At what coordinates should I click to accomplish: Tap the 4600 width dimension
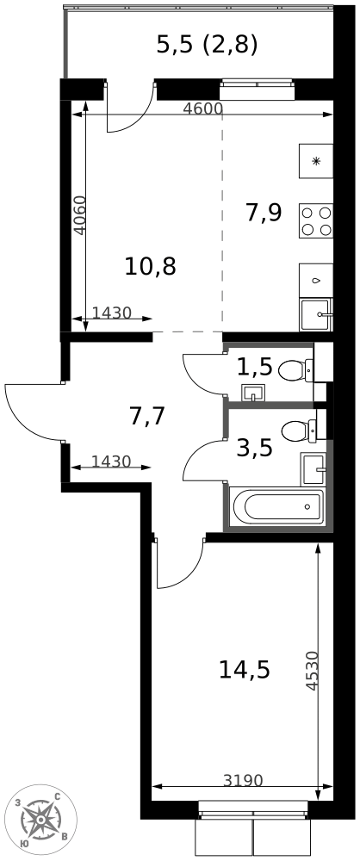(x=202, y=108)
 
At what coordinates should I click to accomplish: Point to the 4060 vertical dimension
(x=80, y=215)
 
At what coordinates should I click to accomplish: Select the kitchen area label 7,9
(x=264, y=213)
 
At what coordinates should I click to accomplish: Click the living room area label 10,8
(x=150, y=267)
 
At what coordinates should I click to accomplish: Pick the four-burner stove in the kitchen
(x=316, y=220)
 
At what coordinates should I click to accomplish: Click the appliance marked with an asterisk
(x=316, y=161)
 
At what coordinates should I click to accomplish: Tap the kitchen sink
(x=315, y=314)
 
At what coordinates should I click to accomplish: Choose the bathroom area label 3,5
(x=255, y=448)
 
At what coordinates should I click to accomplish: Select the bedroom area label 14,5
(x=245, y=669)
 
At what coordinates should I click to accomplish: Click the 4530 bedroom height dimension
(x=311, y=671)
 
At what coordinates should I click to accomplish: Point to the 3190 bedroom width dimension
(x=244, y=780)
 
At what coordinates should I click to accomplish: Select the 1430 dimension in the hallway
(x=111, y=461)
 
